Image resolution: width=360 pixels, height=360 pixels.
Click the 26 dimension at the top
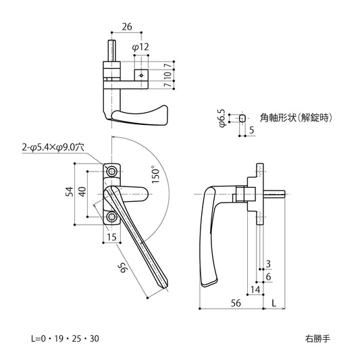point(126,28)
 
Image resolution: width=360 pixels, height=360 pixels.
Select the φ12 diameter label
point(140,48)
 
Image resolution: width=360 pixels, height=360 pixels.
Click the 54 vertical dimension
point(68,192)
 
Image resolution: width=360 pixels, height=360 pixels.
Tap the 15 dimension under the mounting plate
point(111,236)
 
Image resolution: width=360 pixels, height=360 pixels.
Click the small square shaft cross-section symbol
point(242,118)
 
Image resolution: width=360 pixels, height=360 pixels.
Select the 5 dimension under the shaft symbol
point(251,130)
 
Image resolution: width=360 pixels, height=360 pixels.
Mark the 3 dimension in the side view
point(268,263)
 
